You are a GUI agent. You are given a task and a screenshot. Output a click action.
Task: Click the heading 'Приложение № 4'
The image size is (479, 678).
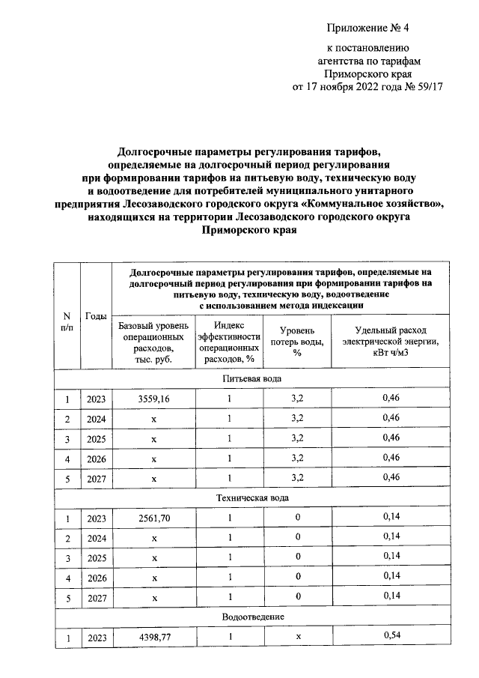tap(369, 28)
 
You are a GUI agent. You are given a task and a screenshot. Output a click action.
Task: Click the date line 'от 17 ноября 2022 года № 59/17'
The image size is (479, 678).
tap(369, 87)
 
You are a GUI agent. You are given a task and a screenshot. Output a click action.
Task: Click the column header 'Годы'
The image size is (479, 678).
tap(96, 315)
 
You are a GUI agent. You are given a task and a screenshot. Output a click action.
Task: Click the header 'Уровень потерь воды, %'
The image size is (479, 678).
tap(297, 342)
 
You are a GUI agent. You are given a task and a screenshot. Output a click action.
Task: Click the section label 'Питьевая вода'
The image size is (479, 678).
tap(252, 379)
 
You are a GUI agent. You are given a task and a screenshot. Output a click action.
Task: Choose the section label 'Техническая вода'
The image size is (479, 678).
tap(252, 497)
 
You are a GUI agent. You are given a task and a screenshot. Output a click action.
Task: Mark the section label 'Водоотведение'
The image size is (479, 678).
tap(252, 616)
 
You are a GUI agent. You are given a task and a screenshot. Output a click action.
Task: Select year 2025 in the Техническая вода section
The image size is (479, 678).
tap(96, 558)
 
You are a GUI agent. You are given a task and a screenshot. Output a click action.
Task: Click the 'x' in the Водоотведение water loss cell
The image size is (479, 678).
tap(297, 636)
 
